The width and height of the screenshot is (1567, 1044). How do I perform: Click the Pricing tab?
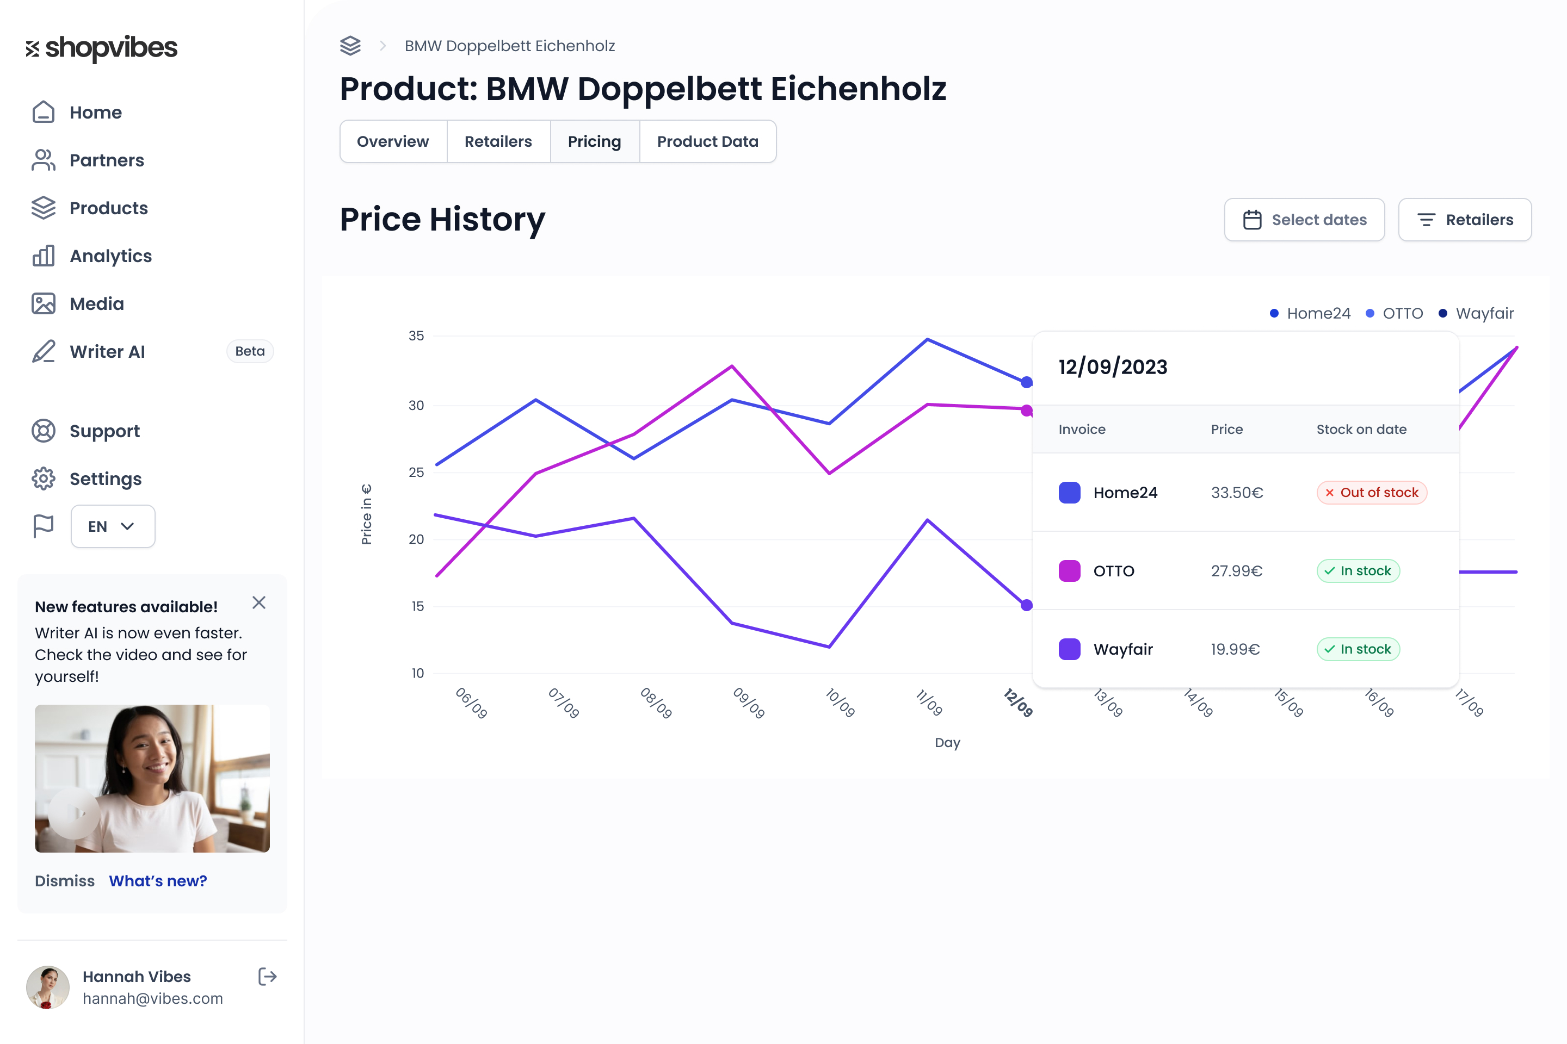click(x=594, y=141)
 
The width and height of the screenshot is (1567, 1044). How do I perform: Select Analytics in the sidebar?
click(x=110, y=256)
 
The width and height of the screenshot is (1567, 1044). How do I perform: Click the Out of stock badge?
click(x=1371, y=493)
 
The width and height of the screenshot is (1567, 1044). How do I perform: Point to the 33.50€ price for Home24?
click(x=1237, y=493)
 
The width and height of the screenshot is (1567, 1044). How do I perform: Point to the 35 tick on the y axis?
click(x=416, y=336)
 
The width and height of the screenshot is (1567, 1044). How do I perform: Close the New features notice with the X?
click(x=259, y=602)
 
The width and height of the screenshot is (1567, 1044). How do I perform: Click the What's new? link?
click(x=158, y=881)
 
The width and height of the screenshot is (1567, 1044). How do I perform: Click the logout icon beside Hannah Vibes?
click(x=267, y=977)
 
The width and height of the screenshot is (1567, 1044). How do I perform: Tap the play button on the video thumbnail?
click(x=75, y=813)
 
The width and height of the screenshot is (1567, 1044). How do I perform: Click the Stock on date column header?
click(x=1361, y=430)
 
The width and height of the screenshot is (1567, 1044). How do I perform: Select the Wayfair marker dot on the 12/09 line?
click(x=1027, y=605)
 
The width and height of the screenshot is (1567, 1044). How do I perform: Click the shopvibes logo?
click(x=101, y=48)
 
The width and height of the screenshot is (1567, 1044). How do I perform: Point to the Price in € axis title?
click(x=366, y=514)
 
